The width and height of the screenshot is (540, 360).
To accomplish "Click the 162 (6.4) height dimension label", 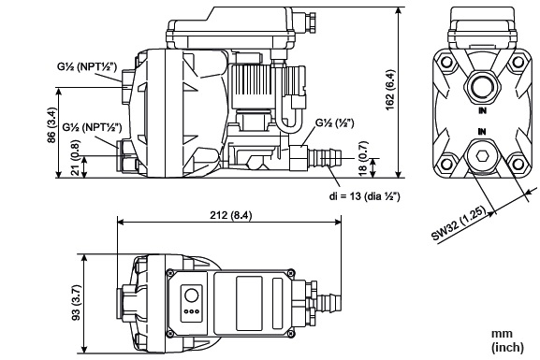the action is point(390,90).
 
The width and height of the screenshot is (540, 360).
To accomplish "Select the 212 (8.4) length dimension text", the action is point(231,215).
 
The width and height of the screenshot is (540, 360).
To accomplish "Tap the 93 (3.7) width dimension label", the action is point(76,303).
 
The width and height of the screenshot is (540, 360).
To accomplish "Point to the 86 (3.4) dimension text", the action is point(51,125).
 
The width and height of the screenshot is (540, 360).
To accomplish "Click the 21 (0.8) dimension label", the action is point(76,157).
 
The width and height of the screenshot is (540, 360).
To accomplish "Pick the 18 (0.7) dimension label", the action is point(363,159).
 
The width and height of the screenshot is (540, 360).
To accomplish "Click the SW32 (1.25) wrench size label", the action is point(460,223).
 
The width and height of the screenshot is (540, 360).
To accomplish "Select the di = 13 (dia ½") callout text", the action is point(365,196).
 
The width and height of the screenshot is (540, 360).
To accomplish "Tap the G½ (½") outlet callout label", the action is point(335,122).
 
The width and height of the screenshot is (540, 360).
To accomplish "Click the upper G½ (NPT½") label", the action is point(87,66).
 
